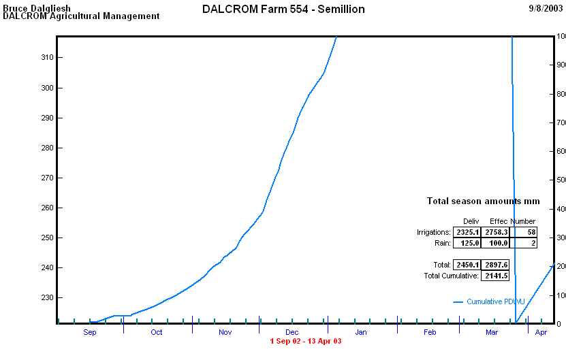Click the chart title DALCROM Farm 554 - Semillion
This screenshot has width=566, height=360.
(283, 10)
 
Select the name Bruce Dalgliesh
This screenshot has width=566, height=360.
(37, 8)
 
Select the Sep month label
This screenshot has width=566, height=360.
(90, 332)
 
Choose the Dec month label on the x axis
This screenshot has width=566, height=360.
(292, 332)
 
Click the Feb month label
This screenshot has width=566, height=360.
(429, 332)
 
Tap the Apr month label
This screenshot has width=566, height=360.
(541, 332)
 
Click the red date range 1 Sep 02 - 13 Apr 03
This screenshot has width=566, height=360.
(306, 341)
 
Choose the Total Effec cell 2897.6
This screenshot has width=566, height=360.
(495, 265)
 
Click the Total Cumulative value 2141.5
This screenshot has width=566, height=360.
(495, 276)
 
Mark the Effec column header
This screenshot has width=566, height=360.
(499, 221)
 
